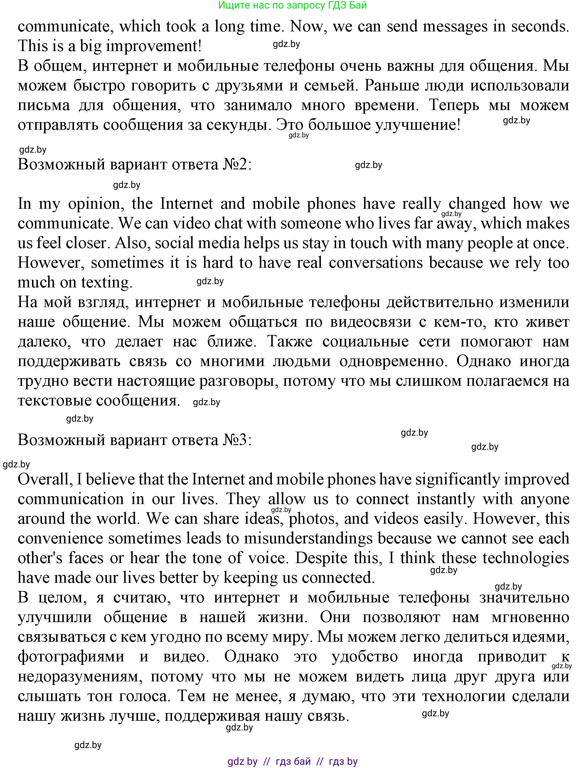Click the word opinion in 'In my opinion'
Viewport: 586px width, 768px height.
(x=96, y=204)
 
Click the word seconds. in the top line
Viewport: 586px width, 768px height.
(x=540, y=26)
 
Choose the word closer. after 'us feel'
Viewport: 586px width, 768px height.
(x=89, y=243)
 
